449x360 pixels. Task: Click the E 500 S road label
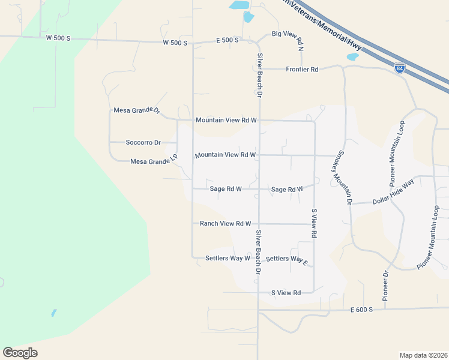coord(228,40)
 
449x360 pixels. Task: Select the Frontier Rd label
coord(302,70)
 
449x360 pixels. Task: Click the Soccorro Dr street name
coord(143,143)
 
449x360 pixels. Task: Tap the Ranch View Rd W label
coord(225,224)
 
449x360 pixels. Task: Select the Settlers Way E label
coord(286,259)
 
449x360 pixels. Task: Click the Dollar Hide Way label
coord(393,193)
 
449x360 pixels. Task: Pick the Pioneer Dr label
coord(386,286)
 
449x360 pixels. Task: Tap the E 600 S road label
coord(362,310)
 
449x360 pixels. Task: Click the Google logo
coord(20,353)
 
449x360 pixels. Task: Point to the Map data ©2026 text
coord(423,355)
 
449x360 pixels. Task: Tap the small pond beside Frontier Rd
coord(352,58)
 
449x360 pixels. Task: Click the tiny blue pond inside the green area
coord(54,313)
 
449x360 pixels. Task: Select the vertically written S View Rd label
coord(313,224)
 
